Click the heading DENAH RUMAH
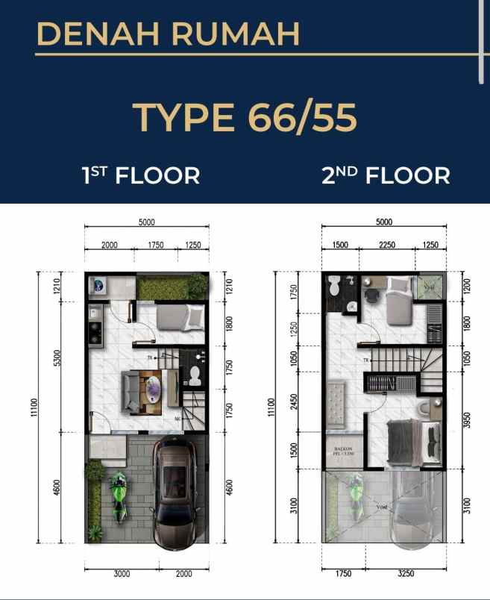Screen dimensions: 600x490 168,34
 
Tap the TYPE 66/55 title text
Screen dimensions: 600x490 245,117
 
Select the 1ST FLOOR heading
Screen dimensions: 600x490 141,176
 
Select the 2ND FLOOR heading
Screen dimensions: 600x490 386,176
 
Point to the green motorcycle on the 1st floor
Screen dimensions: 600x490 119,497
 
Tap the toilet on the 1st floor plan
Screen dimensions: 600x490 195,371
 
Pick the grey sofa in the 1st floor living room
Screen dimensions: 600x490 134,390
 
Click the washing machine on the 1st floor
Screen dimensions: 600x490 99,286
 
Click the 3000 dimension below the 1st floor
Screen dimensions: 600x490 122,574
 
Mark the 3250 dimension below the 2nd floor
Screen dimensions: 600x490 408,574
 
